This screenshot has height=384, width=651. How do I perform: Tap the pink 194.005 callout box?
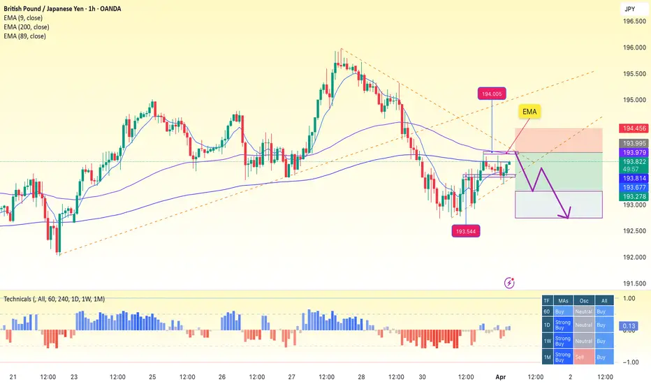point(492,94)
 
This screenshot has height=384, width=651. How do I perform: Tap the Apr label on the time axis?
point(501,376)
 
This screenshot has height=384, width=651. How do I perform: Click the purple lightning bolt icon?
point(510,283)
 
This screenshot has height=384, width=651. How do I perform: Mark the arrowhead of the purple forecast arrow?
point(569,216)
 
